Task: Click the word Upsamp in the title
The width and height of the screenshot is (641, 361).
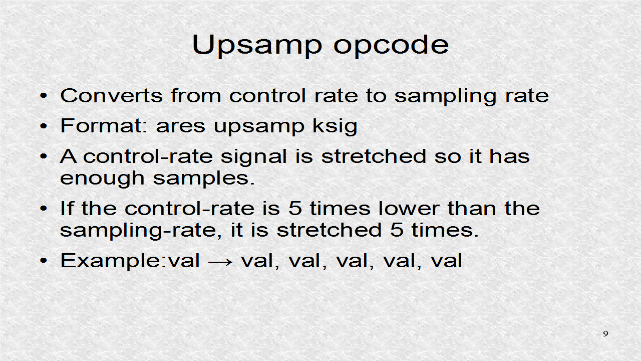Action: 257,46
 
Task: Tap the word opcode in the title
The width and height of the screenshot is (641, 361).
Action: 391,46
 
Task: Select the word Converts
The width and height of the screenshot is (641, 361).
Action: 112,95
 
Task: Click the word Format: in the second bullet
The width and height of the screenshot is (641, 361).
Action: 104,125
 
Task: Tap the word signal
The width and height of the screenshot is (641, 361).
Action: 253,157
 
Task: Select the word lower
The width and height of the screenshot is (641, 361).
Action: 409,208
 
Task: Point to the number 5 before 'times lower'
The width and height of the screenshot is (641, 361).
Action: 295,208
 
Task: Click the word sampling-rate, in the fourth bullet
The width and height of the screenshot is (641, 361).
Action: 141,231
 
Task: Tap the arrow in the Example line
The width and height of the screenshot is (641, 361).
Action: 220,262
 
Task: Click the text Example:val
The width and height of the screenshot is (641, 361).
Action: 130,261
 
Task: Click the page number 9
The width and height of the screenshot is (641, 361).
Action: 605,334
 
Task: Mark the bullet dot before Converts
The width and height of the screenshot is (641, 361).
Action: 44,96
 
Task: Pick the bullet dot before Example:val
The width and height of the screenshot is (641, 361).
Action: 44,261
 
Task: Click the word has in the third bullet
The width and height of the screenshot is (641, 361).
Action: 509,156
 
